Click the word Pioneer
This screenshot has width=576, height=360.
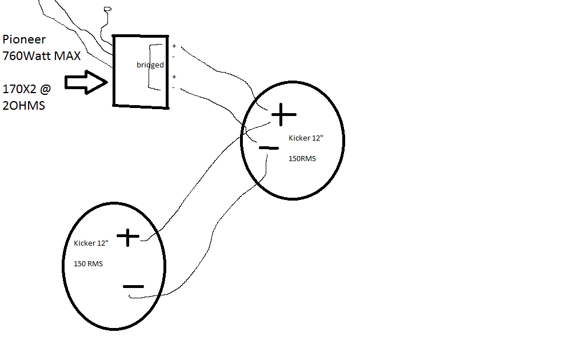point(24,39)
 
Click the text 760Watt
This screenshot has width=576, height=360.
point(26,56)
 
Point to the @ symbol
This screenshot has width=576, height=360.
point(45,89)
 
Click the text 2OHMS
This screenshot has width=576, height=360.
point(24,106)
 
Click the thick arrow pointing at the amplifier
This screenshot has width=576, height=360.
point(86,82)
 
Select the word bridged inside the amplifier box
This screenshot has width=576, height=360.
point(150,65)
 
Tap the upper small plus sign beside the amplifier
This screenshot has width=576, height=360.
point(174,46)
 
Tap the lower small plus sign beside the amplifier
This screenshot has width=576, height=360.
point(174,77)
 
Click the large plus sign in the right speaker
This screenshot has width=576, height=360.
point(283,115)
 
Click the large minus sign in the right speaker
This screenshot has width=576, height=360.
point(269,148)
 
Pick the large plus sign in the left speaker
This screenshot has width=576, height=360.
point(128,237)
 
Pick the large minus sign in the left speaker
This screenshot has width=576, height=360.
point(133,286)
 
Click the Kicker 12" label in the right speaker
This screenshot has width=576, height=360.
point(306,138)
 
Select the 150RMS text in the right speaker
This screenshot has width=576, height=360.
point(302,159)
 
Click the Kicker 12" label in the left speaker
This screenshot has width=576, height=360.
point(91,243)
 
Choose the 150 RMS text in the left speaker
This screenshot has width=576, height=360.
point(88,264)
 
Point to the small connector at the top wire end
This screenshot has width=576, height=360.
point(107,9)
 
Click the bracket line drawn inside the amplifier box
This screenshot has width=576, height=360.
point(149,67)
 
